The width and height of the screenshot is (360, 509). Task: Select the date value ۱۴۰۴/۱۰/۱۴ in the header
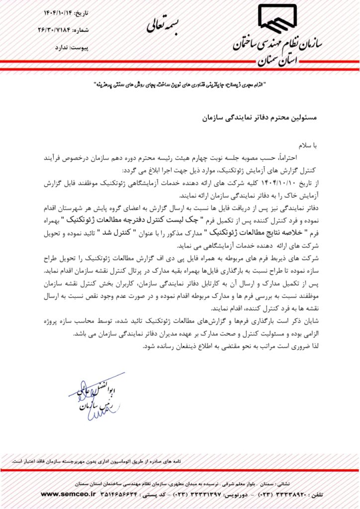(x=55, y=11)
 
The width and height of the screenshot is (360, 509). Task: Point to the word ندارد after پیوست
(x=55, y=49)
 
